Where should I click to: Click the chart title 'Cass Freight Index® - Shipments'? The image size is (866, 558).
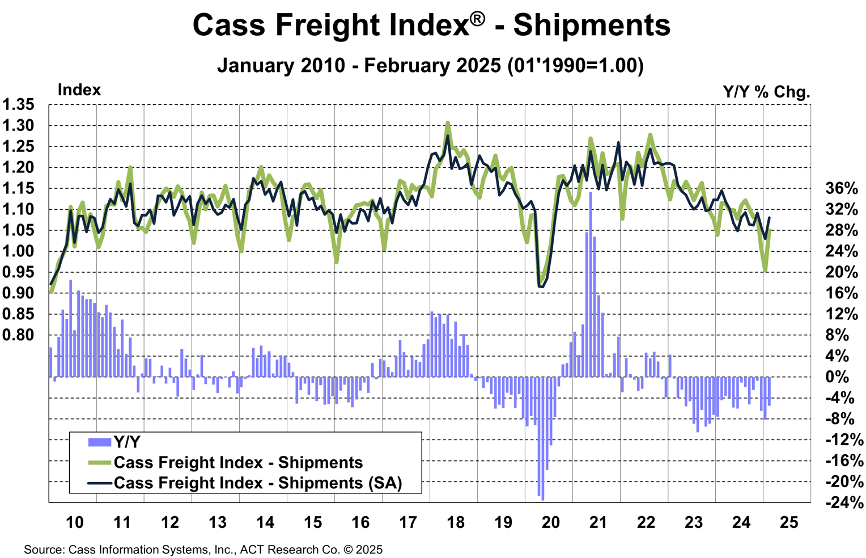pos(432,26)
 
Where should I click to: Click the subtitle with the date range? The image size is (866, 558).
pos(430,65)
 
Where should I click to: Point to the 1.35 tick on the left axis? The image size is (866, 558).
pos(18,105)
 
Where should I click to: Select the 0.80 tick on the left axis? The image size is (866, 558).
pos(18,335)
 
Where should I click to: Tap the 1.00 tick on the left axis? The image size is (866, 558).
pos(18,251)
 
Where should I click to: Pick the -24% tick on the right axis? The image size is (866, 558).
pos(843,502)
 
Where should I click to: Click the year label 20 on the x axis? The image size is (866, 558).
pos(550,522)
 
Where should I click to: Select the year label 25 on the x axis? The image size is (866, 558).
pos(788,522)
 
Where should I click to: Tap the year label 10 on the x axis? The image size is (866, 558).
pos(75,522)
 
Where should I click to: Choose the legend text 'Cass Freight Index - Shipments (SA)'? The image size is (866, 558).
pos(258,483)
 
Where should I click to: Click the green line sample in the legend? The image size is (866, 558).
pos(99,463)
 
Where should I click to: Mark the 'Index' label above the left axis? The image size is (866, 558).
pos(79,90)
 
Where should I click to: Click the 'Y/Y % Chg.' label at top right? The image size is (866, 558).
pos(766,92)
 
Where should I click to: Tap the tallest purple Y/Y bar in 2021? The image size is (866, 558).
pos(591,284)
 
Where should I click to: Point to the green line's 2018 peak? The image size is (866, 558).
pos(448,122)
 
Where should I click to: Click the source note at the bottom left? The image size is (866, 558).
pos(203,549)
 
